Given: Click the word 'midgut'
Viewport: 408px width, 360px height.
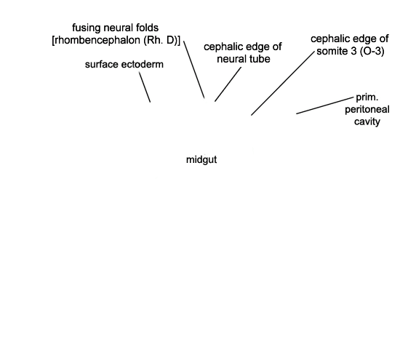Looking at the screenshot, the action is tap(201, 160).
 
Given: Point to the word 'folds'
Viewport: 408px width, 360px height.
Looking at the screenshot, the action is tap(146, 28).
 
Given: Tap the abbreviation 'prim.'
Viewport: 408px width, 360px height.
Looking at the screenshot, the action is tap(367, 97).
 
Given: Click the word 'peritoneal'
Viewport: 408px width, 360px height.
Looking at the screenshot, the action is tap(367, 110).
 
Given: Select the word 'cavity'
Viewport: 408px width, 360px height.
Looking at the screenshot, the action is tap(367, 121).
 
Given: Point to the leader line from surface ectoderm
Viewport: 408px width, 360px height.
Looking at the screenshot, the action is tap(145, 87).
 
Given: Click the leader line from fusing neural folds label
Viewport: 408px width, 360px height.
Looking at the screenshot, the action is tap(194, 69).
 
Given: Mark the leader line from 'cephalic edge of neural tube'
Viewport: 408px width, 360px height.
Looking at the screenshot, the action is tap(228, 84).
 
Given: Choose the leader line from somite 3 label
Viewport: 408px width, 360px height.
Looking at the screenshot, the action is tap(283, 83).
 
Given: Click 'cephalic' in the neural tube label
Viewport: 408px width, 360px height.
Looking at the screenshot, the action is tap(222, 47).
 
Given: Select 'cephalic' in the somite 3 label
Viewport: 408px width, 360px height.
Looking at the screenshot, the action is tap(329, 39).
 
